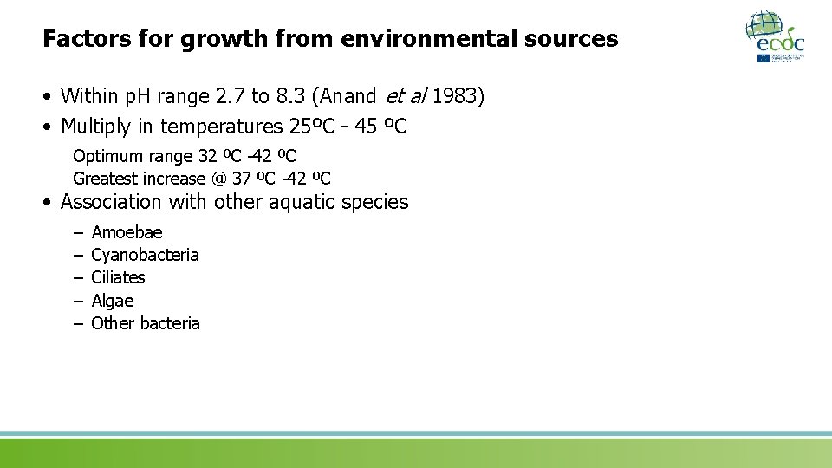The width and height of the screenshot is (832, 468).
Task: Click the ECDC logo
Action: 776,36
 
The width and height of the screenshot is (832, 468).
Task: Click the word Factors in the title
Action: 79,39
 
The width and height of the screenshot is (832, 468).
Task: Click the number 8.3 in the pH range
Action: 274,96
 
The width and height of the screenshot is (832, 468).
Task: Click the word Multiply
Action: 96,127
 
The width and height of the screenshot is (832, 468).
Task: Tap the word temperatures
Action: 221,127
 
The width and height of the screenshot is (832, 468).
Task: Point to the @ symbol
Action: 219,179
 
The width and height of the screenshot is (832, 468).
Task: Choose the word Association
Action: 111,202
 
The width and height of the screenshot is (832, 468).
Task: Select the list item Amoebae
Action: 127,232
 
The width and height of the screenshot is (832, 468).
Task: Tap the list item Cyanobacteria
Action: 145,255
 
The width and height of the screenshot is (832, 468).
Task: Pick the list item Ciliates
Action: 118,277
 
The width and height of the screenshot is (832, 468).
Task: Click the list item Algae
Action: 113,301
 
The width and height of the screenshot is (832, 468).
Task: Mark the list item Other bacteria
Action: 146,323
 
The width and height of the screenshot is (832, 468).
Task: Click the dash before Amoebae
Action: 77,232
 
